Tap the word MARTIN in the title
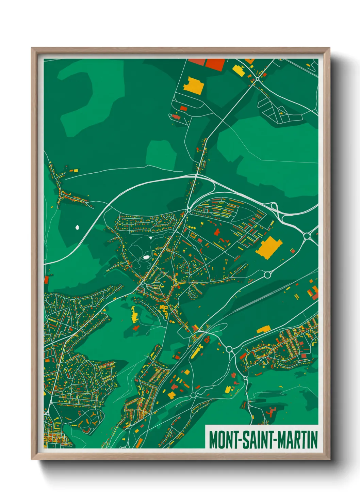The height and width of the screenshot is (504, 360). coord(298,440)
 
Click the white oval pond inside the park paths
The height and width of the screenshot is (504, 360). coord(146,257)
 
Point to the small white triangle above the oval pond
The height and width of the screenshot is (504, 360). coord(150,238)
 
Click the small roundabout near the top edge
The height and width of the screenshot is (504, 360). coord(258,79)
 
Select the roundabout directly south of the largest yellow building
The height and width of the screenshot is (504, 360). coord(267,274)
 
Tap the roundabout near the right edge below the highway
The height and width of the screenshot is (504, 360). coord(307,235)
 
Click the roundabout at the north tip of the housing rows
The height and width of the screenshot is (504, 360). coord(189,210)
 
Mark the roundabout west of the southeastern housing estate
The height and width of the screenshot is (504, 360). coord(229,349)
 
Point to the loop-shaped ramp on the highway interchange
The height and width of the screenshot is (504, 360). coord(274,206)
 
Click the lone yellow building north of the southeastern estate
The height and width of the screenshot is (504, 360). coord(263,329)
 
